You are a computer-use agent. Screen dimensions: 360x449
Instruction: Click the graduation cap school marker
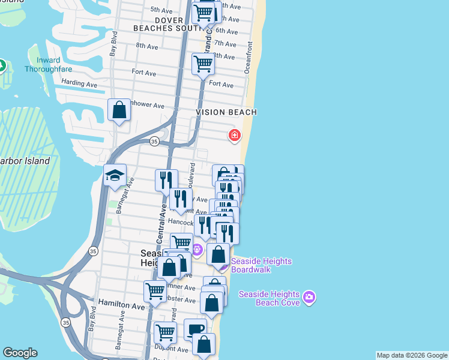[115, 175]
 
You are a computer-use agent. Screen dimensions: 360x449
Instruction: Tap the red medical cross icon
[234, 136]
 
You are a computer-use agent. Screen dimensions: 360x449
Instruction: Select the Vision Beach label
[226, 112]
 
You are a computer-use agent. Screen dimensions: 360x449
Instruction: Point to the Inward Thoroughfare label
[43, 64]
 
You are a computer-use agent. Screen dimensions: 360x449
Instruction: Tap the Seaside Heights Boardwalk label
[261, 265]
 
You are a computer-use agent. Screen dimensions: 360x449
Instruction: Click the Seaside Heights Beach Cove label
[269, 298]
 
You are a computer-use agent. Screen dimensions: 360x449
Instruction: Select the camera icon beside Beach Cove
[309, 297]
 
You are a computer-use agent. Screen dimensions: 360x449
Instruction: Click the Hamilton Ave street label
[122, 305]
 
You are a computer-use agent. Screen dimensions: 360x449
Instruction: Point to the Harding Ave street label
[79, 84]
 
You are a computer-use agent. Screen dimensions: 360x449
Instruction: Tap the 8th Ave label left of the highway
[147, 46]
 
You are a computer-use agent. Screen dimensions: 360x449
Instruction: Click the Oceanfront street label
[249, 58]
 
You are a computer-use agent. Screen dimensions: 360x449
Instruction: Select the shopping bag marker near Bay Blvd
[119, 110]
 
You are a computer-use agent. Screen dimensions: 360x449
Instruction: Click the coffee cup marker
[195, 329]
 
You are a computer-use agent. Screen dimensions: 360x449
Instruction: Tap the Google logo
[20, 353]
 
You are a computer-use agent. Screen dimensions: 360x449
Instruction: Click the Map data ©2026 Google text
[412, 355]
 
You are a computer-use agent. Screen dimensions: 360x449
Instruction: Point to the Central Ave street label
[161, 223]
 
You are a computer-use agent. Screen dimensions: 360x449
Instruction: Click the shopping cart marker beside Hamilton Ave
[155, 291]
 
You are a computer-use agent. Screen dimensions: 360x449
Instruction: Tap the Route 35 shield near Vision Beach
[154, 141]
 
